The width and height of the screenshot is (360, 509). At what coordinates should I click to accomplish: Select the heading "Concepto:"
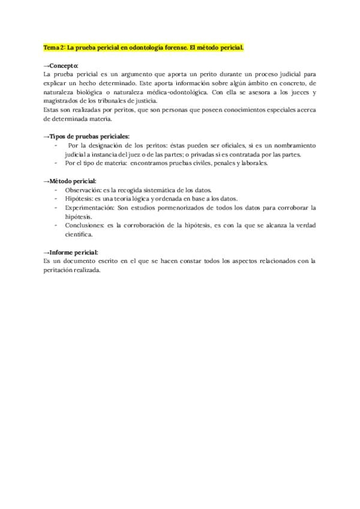[62, 65]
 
